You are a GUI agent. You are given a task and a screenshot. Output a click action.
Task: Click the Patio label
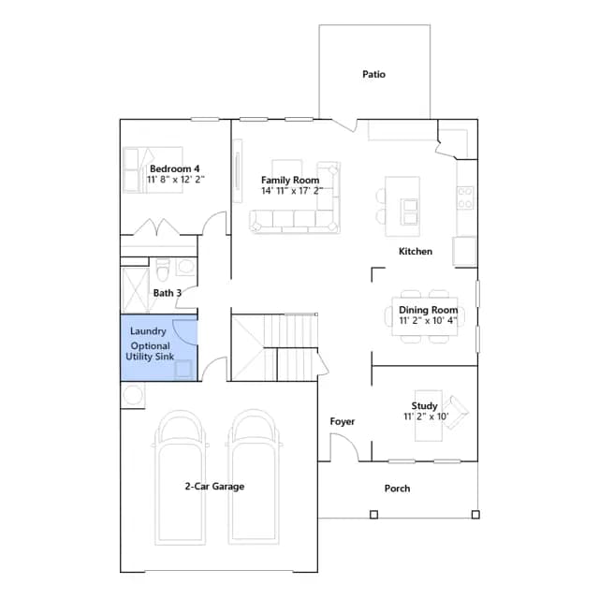click(373, 74)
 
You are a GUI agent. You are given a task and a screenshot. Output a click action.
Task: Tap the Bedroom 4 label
click(175, 168)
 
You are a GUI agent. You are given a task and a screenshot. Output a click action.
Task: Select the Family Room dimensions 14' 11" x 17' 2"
click(292, 191)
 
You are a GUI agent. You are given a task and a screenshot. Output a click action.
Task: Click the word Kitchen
click(416, 252)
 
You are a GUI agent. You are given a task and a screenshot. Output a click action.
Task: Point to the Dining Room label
click(428, 310)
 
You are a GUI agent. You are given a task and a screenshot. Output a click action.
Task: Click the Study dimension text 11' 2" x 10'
click(426, 416)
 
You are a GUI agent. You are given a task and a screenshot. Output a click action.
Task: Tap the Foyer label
click(343, 421)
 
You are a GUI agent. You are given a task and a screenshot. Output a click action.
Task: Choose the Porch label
click(397, 489)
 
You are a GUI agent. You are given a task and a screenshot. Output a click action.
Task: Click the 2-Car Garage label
click(214, 487)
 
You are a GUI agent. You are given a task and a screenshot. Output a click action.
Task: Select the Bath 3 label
click(168, 293)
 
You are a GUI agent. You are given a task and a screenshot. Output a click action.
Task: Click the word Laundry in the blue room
click(148, 331)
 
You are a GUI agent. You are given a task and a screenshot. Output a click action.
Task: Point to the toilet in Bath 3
click(163, 270)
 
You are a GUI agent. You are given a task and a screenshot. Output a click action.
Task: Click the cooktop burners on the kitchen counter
click(465, 197)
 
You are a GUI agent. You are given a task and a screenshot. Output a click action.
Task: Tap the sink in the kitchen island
click(410, 212)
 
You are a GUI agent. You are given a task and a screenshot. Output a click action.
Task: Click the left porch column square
click(374, 515)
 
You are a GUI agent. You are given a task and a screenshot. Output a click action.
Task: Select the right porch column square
click(475, 515)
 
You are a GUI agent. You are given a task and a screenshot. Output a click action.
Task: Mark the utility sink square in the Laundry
click(183, 370)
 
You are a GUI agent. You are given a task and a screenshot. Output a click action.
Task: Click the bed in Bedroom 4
click(153, 169)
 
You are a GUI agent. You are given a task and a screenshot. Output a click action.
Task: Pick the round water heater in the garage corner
click(133, 395)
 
